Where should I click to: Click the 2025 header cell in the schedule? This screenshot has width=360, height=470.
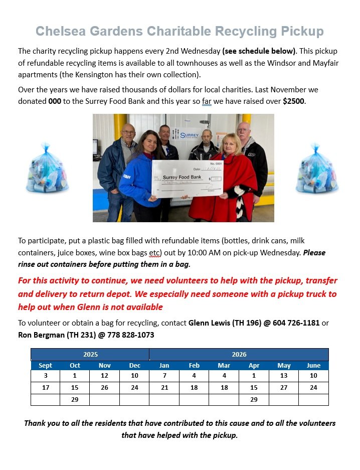(x=90, y=354)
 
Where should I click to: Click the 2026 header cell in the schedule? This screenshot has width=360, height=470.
(x=239, y=354)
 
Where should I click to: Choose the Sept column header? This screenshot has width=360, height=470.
(x=45, y=365)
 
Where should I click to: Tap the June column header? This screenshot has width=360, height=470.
(x=313, y=365)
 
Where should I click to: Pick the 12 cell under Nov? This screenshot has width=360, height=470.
(x=104, y=376)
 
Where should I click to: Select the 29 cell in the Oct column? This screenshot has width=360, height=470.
(x=75, y=399)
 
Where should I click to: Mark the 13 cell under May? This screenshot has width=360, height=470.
(x=284, y=376)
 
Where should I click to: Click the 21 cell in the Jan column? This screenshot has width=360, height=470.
(x=164, y=388)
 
